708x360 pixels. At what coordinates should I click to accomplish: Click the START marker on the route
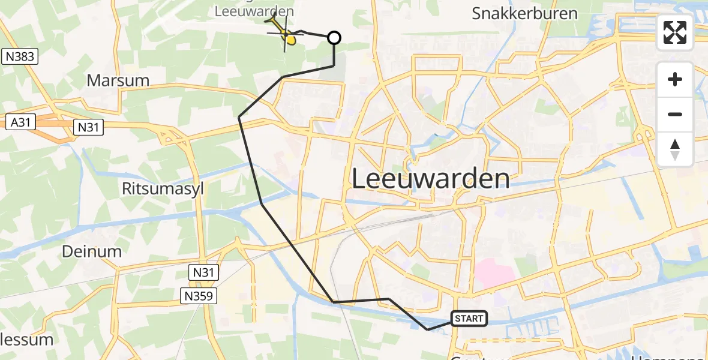pos(469,319)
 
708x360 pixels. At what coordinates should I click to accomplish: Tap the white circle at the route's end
pos(334,38)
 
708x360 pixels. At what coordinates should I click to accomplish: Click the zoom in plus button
pos(675,80)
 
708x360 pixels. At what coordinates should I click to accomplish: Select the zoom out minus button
pos(675,114)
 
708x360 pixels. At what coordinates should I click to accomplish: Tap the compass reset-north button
pos(675,149)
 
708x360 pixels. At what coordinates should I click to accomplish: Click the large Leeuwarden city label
pos(430,179)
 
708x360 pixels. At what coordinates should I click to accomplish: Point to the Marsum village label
pos(118,80)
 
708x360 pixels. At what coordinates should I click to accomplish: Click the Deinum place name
pos(92,251)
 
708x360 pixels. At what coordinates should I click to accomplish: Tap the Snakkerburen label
pos(524,13)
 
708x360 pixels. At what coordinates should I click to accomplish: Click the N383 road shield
pos(21,57)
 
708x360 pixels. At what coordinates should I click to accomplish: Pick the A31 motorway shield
pos(20,122)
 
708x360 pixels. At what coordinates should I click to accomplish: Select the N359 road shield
pos(199,295)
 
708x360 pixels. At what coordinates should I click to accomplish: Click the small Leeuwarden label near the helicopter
pos(254,11)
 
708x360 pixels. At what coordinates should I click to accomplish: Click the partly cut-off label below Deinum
pos(26,340)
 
